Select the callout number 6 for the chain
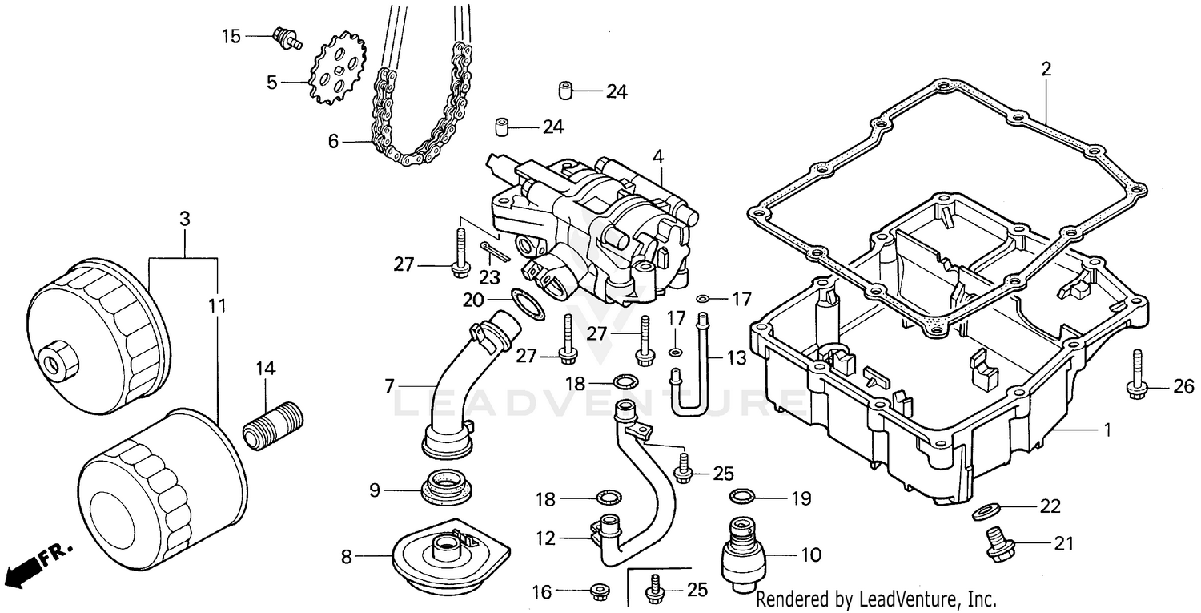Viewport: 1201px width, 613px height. tap(333, 142)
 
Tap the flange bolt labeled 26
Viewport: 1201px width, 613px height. tap(1137, 376)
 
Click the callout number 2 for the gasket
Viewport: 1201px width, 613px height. tap(1046, 70)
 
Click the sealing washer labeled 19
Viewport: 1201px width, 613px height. tap(742, 497)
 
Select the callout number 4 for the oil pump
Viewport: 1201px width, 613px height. tap(657, 157)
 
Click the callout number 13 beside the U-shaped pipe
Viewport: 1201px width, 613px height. tap(736, 355)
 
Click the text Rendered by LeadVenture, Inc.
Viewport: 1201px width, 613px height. tap(875, 599)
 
